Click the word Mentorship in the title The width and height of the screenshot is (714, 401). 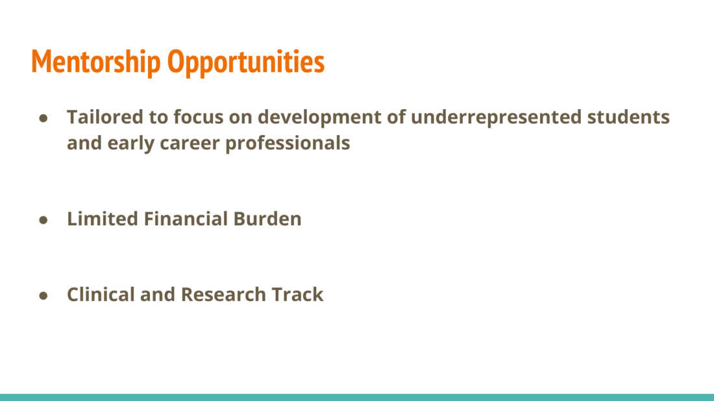point(96,62)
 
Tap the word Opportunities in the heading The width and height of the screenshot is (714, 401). point(246,62)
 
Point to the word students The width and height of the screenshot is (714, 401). point(628,117)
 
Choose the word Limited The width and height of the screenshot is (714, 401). point(103,219)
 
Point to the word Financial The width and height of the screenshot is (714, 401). point(186,219)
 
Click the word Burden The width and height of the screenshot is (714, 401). point(267,219)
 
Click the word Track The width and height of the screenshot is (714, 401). point(297,295)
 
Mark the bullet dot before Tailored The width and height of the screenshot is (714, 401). point(43,119)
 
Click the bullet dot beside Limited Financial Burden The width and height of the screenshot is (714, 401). point(43,221)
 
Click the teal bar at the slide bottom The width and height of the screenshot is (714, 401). point(357,397)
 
